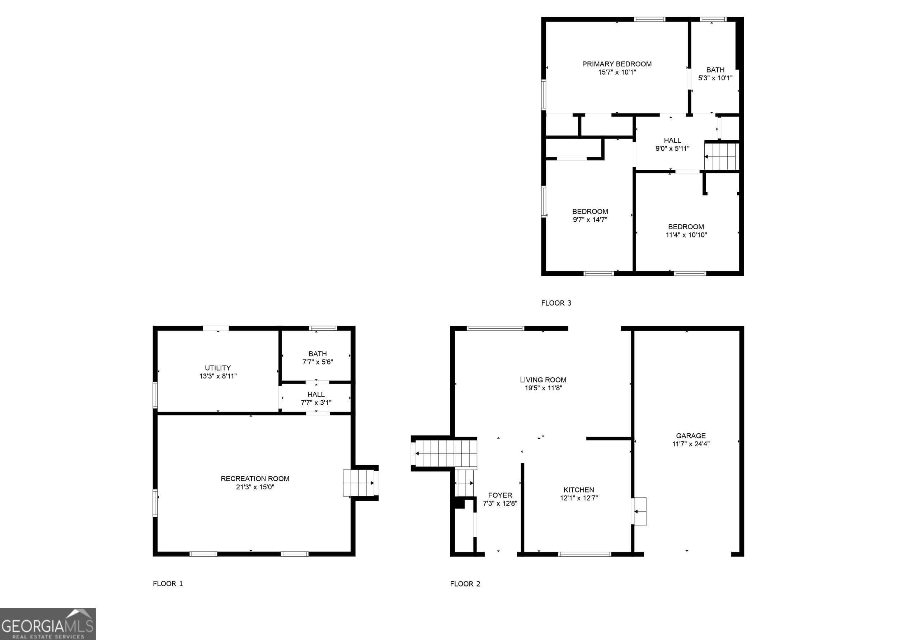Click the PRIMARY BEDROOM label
pos(616,64)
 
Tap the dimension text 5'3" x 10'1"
pos(715,78)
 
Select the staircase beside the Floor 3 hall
pos(722,156)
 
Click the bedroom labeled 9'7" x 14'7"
pos(590,216)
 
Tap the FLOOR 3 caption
pos(556,303)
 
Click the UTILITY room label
pos(217,368)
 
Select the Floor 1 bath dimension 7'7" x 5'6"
pos(317,362)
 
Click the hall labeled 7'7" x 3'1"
pos(316,399)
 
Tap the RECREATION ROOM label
pos(255,479)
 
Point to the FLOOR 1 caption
pos(168,584)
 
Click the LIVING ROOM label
pos(543,380)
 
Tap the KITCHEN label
pos(578,490)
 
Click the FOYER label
pos(500,495)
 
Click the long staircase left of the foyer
pos(446,453)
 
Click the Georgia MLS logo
pos(48,624)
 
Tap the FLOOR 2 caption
pos(465,584)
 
